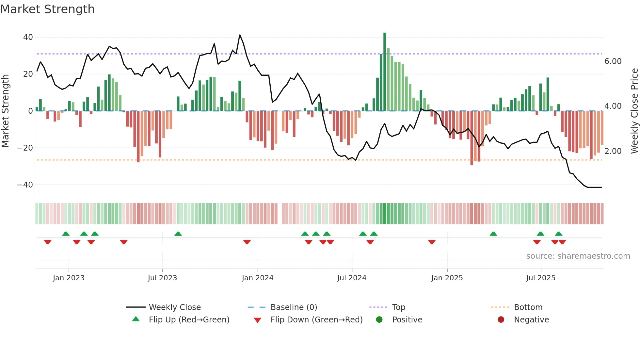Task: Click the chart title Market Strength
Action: pyautogui.click(x=47, y=9)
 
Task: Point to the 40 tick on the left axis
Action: pyautogui.click(x=28, y=37)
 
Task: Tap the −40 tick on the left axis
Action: pyautogui.click(x=25, y=185)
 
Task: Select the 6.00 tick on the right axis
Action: pyautogui.click(x=613, y=61)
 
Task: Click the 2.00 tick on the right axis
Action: pyautogui.click(x=613, y=151)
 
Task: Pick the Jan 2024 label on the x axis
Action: pyautogui.click(x=257, y=278)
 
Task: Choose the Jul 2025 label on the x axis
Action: pyautogui.click(x=540, y=278)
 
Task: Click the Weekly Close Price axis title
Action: pyautogui.click(x=634, y=111)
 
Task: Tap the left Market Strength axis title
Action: pyautogui.click(x=5, y=111)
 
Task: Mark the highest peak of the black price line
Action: pyautogui.click(x=240, y=35)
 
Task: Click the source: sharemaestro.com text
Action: pyautogui.click(x=578, y=256)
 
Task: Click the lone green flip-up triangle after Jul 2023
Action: pyautogui.click(x=178, y=234)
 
